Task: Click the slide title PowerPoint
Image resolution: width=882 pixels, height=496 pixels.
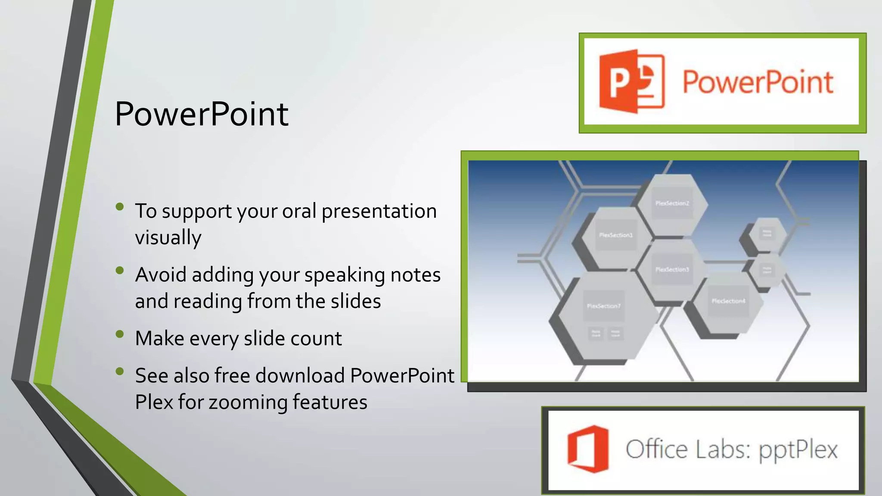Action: (202, 114)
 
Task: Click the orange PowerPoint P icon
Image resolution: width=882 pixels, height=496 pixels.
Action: (631, 81)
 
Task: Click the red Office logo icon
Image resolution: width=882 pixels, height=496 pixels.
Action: (588, 449)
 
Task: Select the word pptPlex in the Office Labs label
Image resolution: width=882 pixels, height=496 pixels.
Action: (798, 450)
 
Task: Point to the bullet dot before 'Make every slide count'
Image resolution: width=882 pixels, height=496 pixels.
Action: (120, 334)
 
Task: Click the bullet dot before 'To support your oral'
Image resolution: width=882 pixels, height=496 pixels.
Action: (120, 207)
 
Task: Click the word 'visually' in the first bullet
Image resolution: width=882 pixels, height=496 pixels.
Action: (168, 238)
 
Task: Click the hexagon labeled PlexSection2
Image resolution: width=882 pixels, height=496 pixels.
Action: (672, 203)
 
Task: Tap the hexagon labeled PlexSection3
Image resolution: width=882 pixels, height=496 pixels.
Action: (672, 270)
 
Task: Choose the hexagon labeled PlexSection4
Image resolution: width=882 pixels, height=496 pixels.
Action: (728, 301)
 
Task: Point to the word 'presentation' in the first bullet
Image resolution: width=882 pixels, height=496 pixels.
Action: (379, 211)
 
